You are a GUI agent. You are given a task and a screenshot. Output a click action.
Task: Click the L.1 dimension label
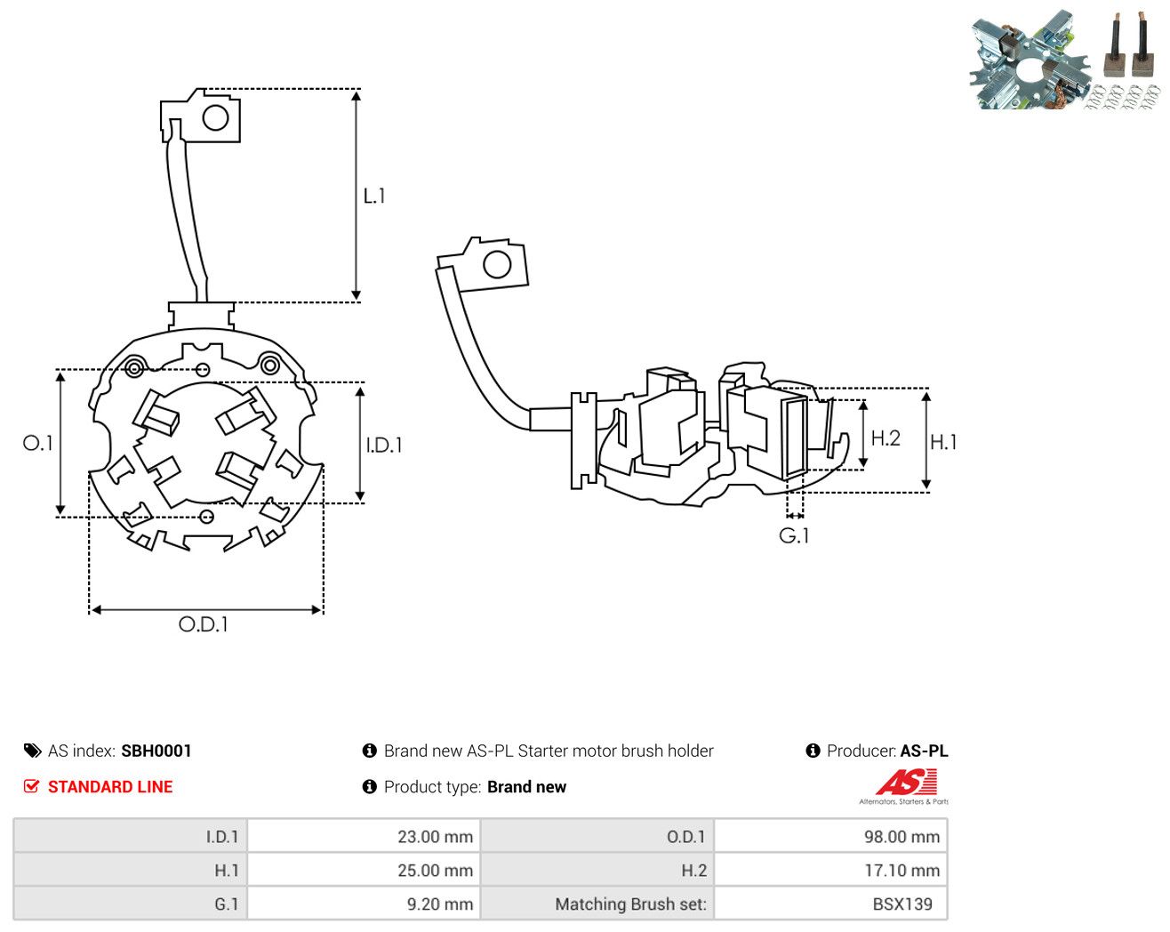[374, 196]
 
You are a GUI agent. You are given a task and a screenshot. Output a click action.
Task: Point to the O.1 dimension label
[38, 443]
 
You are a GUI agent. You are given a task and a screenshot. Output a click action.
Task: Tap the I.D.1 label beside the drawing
[384, 446]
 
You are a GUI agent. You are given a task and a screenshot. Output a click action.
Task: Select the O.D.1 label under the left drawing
[203, 624]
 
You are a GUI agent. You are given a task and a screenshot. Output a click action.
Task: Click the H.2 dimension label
[886, 438]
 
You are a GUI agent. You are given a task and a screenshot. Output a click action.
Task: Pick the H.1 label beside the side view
[943, 442]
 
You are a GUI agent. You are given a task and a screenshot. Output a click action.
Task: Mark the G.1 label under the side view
[794, 535]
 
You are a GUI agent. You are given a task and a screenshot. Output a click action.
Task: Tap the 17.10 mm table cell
[830, 870]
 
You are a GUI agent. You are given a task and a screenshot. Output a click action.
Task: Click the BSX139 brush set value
[902, 904]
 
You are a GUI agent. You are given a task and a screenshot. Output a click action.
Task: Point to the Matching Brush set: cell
[597, 904]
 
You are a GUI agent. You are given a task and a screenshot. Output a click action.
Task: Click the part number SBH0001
[156, 751]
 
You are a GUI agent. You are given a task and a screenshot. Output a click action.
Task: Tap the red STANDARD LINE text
[110, 787]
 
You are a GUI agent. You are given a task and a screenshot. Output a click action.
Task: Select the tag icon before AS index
[33, 751]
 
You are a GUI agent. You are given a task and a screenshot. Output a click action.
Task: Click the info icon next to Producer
[813, 751]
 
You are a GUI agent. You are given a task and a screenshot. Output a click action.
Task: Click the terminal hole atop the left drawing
[215, 117]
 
